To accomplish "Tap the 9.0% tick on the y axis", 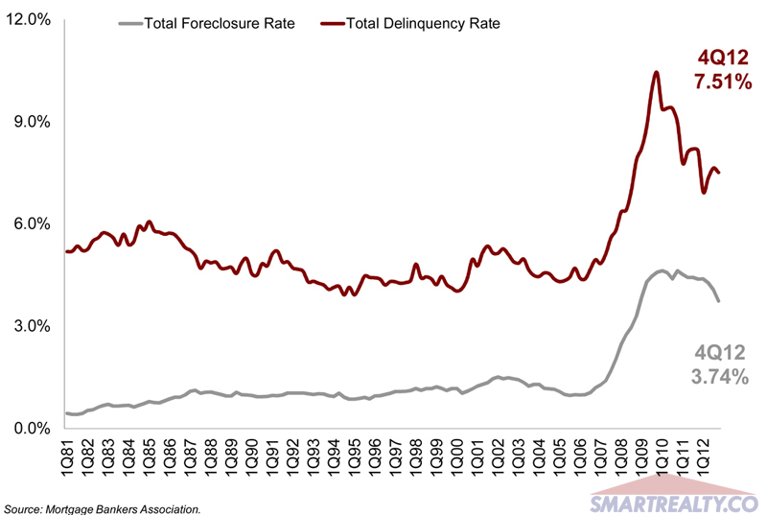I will (x=33, y=122).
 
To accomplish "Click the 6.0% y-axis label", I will (x=33, y=223).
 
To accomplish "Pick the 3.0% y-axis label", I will (x=33, y=326).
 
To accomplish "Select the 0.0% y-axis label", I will (x=33, y=429).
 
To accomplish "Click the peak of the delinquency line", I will (x=656, y=72).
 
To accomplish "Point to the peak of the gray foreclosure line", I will (x=662, y=270).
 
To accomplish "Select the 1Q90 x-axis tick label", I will (x=252, y=465).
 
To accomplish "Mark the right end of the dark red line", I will (x=719, y=173).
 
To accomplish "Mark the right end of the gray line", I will (x=719, y=301).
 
